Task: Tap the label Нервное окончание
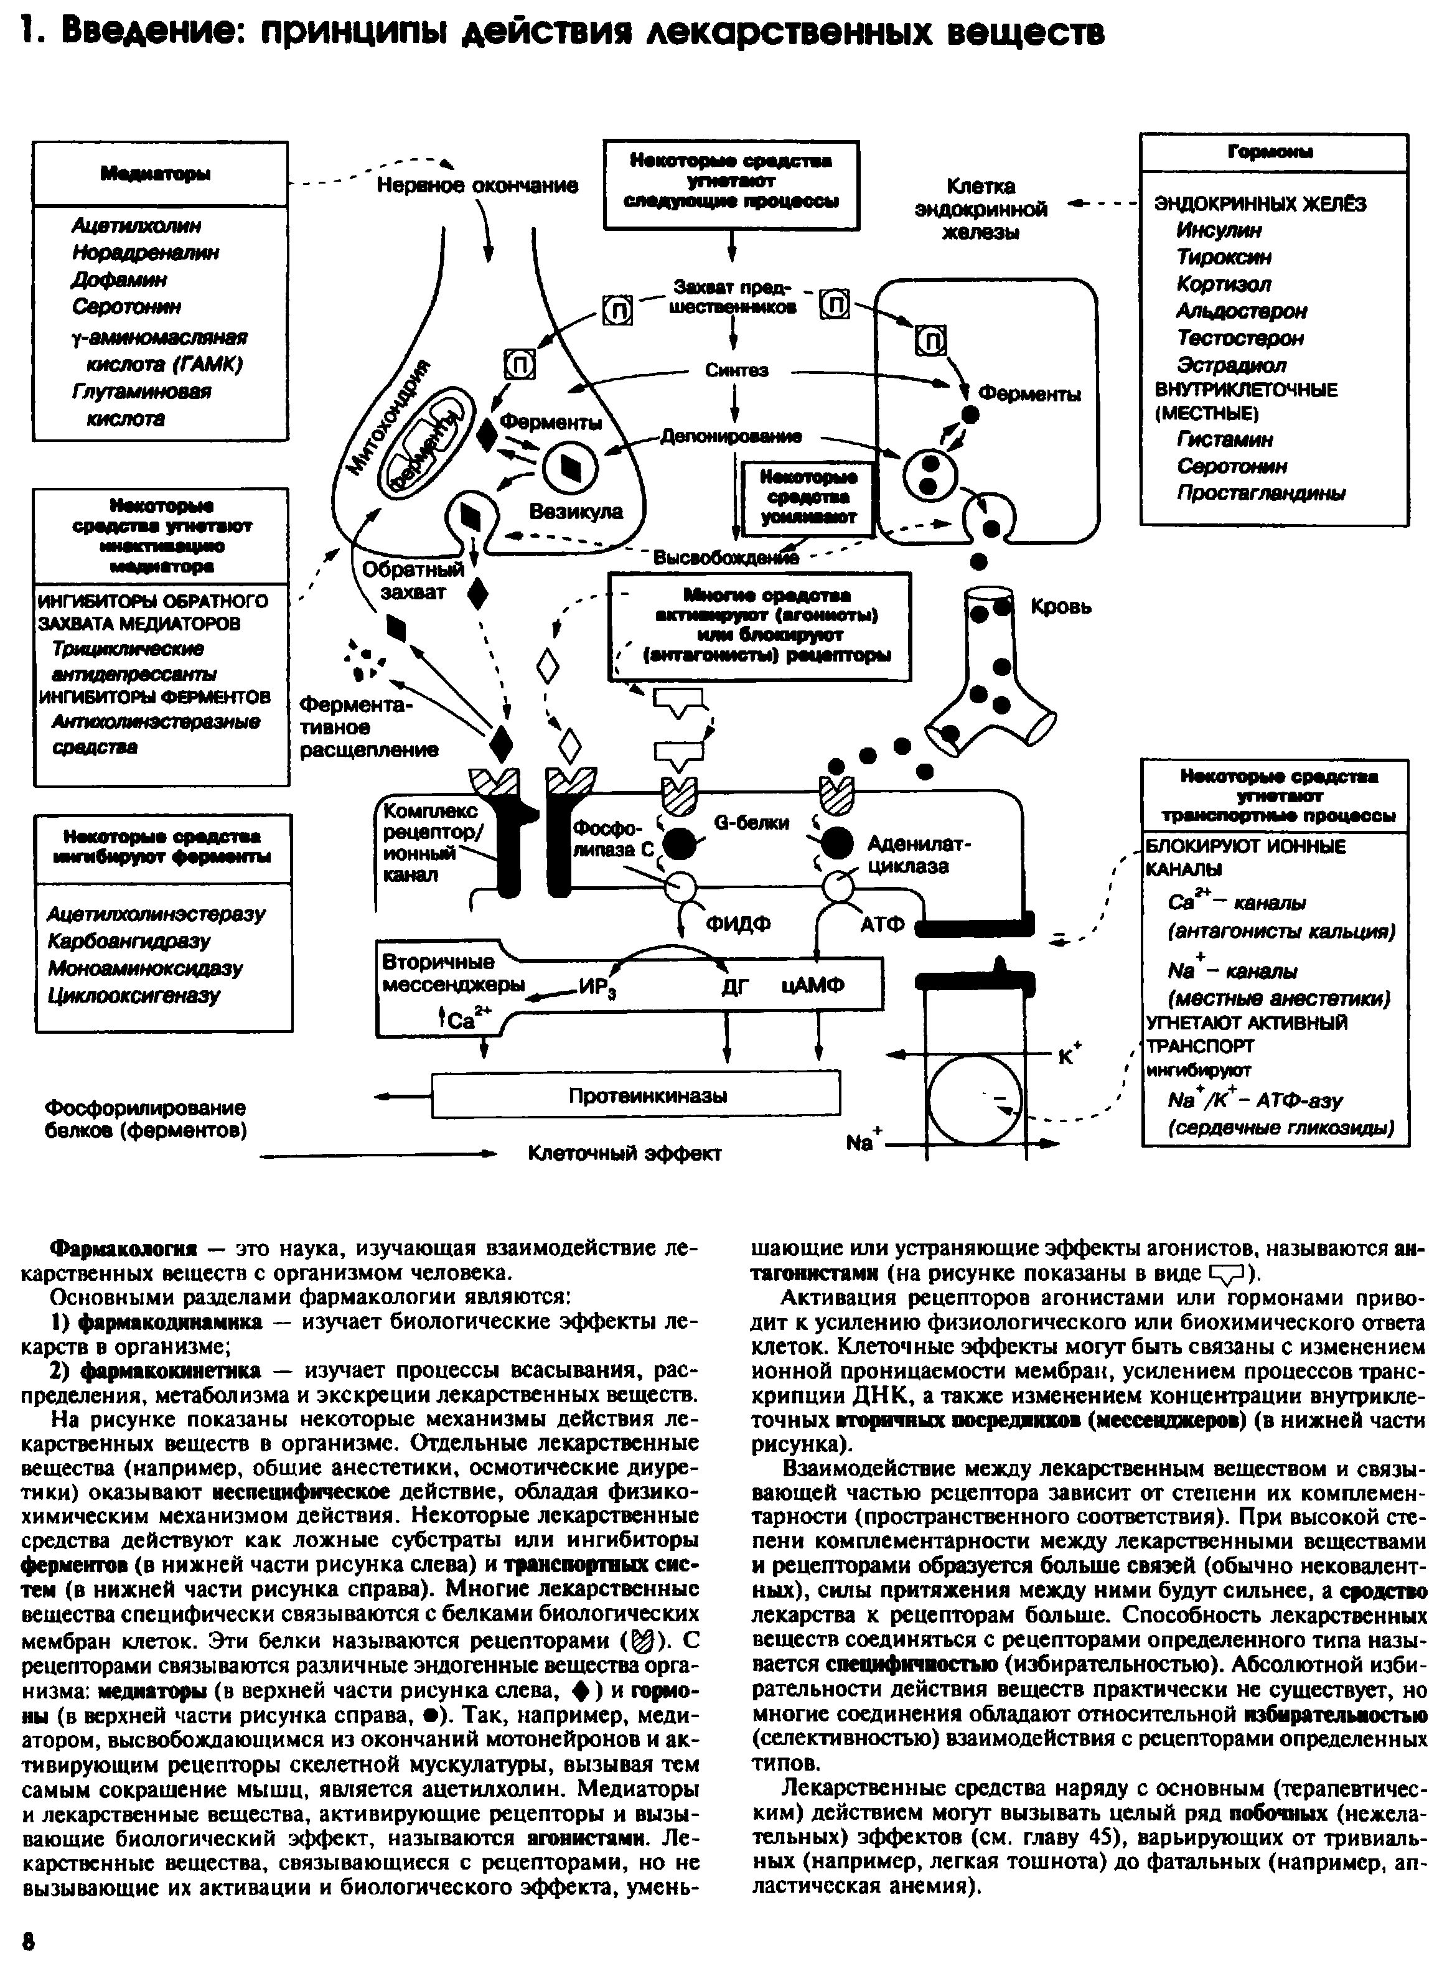[477, 185]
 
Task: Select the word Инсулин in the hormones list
[1219, 230]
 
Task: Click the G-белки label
[752, 823]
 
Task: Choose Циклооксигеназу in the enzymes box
[133, 996]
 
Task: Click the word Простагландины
[1260, 493]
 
